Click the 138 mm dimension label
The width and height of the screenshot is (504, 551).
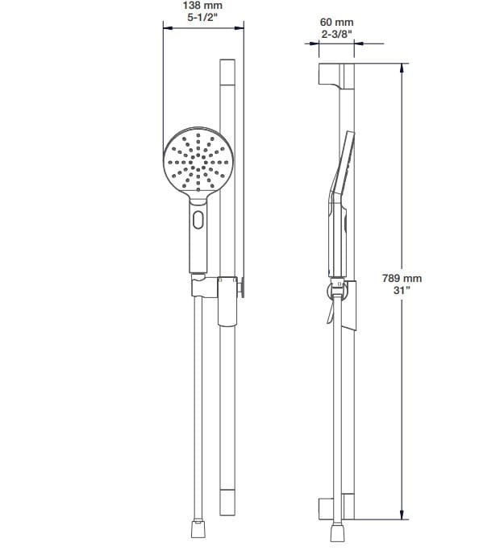(x=203, y=6)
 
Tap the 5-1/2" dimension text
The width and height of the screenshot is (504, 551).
(x=203, y=18)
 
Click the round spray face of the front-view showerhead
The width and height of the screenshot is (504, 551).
(x=198, y=161)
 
